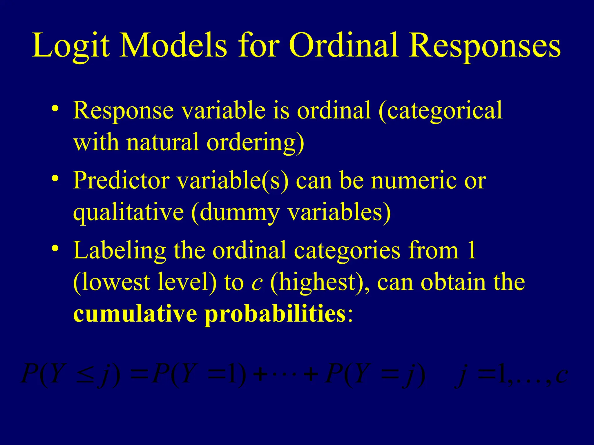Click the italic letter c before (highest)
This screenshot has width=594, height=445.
point(257,283)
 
